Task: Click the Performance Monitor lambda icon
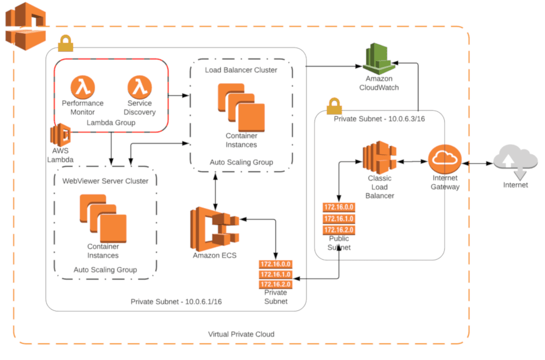pos(82,87)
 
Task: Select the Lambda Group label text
pos(111,123)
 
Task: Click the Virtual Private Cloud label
pos(241,334)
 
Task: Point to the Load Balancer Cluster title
pos(241,70)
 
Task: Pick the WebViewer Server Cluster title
pos(105,181)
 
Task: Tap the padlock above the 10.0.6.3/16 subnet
pos(334,104)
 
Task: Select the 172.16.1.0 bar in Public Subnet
pos(338,219)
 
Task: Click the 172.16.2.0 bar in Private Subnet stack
pos(276,284)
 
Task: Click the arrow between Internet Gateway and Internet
pos(477,163)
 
